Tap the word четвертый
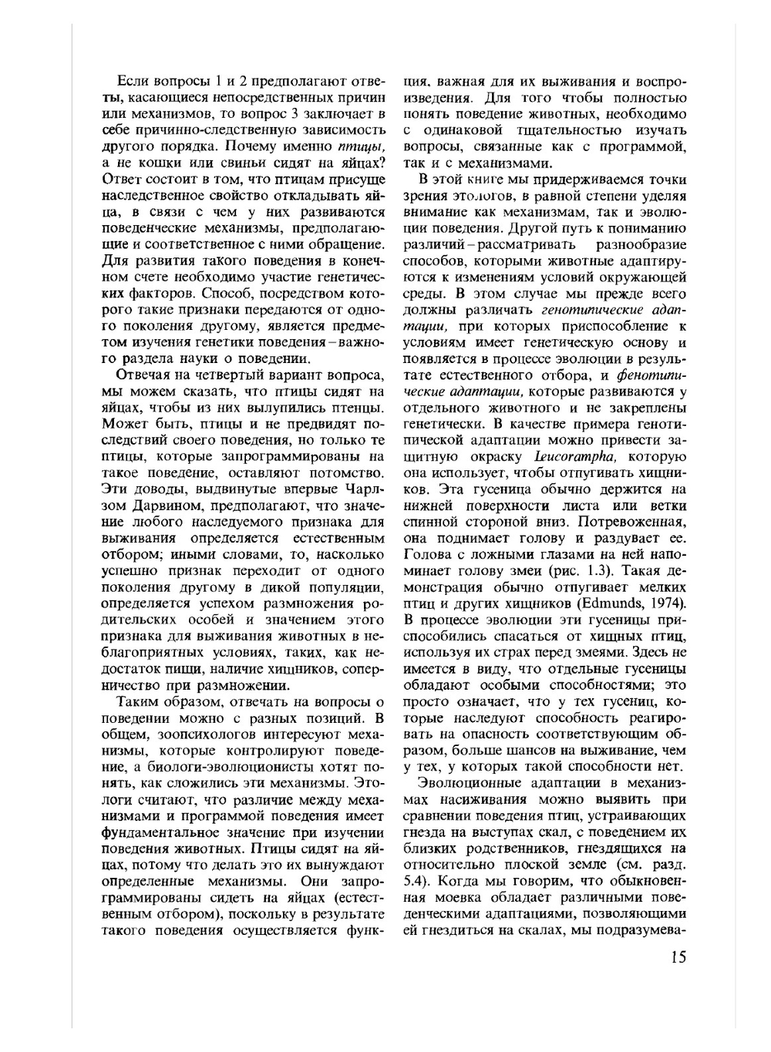255,375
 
